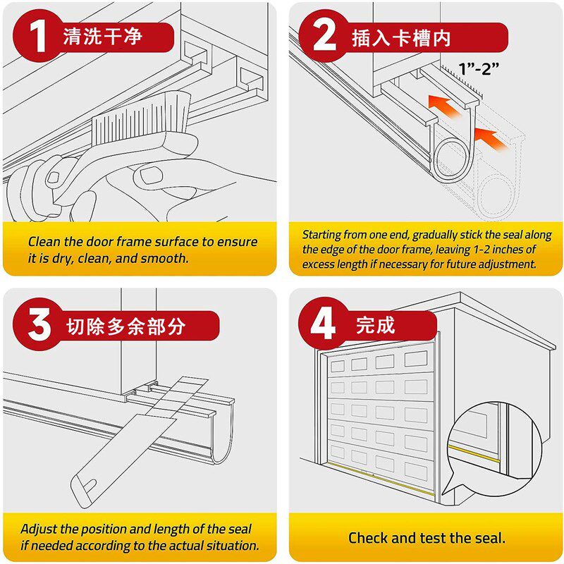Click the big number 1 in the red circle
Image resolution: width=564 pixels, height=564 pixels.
38,36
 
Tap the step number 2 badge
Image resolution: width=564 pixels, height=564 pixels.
324,35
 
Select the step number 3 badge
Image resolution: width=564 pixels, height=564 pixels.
39,324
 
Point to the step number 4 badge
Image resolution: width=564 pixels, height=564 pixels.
323,324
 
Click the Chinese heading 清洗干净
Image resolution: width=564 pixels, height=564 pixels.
103,37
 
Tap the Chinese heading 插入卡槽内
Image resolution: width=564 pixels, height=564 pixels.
401,38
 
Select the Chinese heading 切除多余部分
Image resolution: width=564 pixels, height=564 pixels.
125,326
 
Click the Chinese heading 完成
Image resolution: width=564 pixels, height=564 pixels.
376,325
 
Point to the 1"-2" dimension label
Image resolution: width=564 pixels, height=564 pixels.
479,68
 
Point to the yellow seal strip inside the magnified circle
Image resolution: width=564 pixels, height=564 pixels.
474,453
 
